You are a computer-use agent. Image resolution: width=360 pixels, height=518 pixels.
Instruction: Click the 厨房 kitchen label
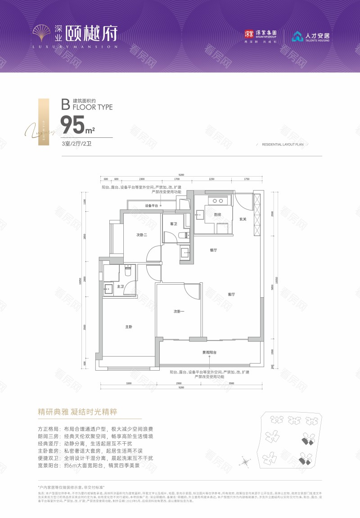[217, 215]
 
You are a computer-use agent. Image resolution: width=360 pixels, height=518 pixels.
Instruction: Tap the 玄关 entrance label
[243, 219]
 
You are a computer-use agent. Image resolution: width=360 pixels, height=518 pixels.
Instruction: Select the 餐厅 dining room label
[214, 250]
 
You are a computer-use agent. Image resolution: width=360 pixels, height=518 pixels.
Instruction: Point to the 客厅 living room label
[232, 295]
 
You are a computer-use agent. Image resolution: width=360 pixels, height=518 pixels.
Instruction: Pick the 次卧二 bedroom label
[142, 235]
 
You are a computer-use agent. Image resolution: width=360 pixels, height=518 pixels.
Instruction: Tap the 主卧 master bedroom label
[128, 327]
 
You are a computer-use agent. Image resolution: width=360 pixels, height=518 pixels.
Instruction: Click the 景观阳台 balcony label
[209, 352]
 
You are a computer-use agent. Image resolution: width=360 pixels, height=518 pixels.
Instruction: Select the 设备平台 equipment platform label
[151, 205]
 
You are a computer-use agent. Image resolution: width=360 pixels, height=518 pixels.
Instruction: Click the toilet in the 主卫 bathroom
[127, 271]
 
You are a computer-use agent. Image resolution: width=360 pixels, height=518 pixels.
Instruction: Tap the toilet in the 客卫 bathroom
[181, 235]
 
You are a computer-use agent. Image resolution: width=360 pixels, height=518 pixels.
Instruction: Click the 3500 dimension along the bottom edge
[231, 383]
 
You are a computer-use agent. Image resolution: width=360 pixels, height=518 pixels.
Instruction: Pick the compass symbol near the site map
[246, 460]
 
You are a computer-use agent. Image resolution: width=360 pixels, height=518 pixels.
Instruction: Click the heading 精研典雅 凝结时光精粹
[77, 412]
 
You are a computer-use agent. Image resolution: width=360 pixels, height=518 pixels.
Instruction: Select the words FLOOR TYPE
[92, 107]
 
